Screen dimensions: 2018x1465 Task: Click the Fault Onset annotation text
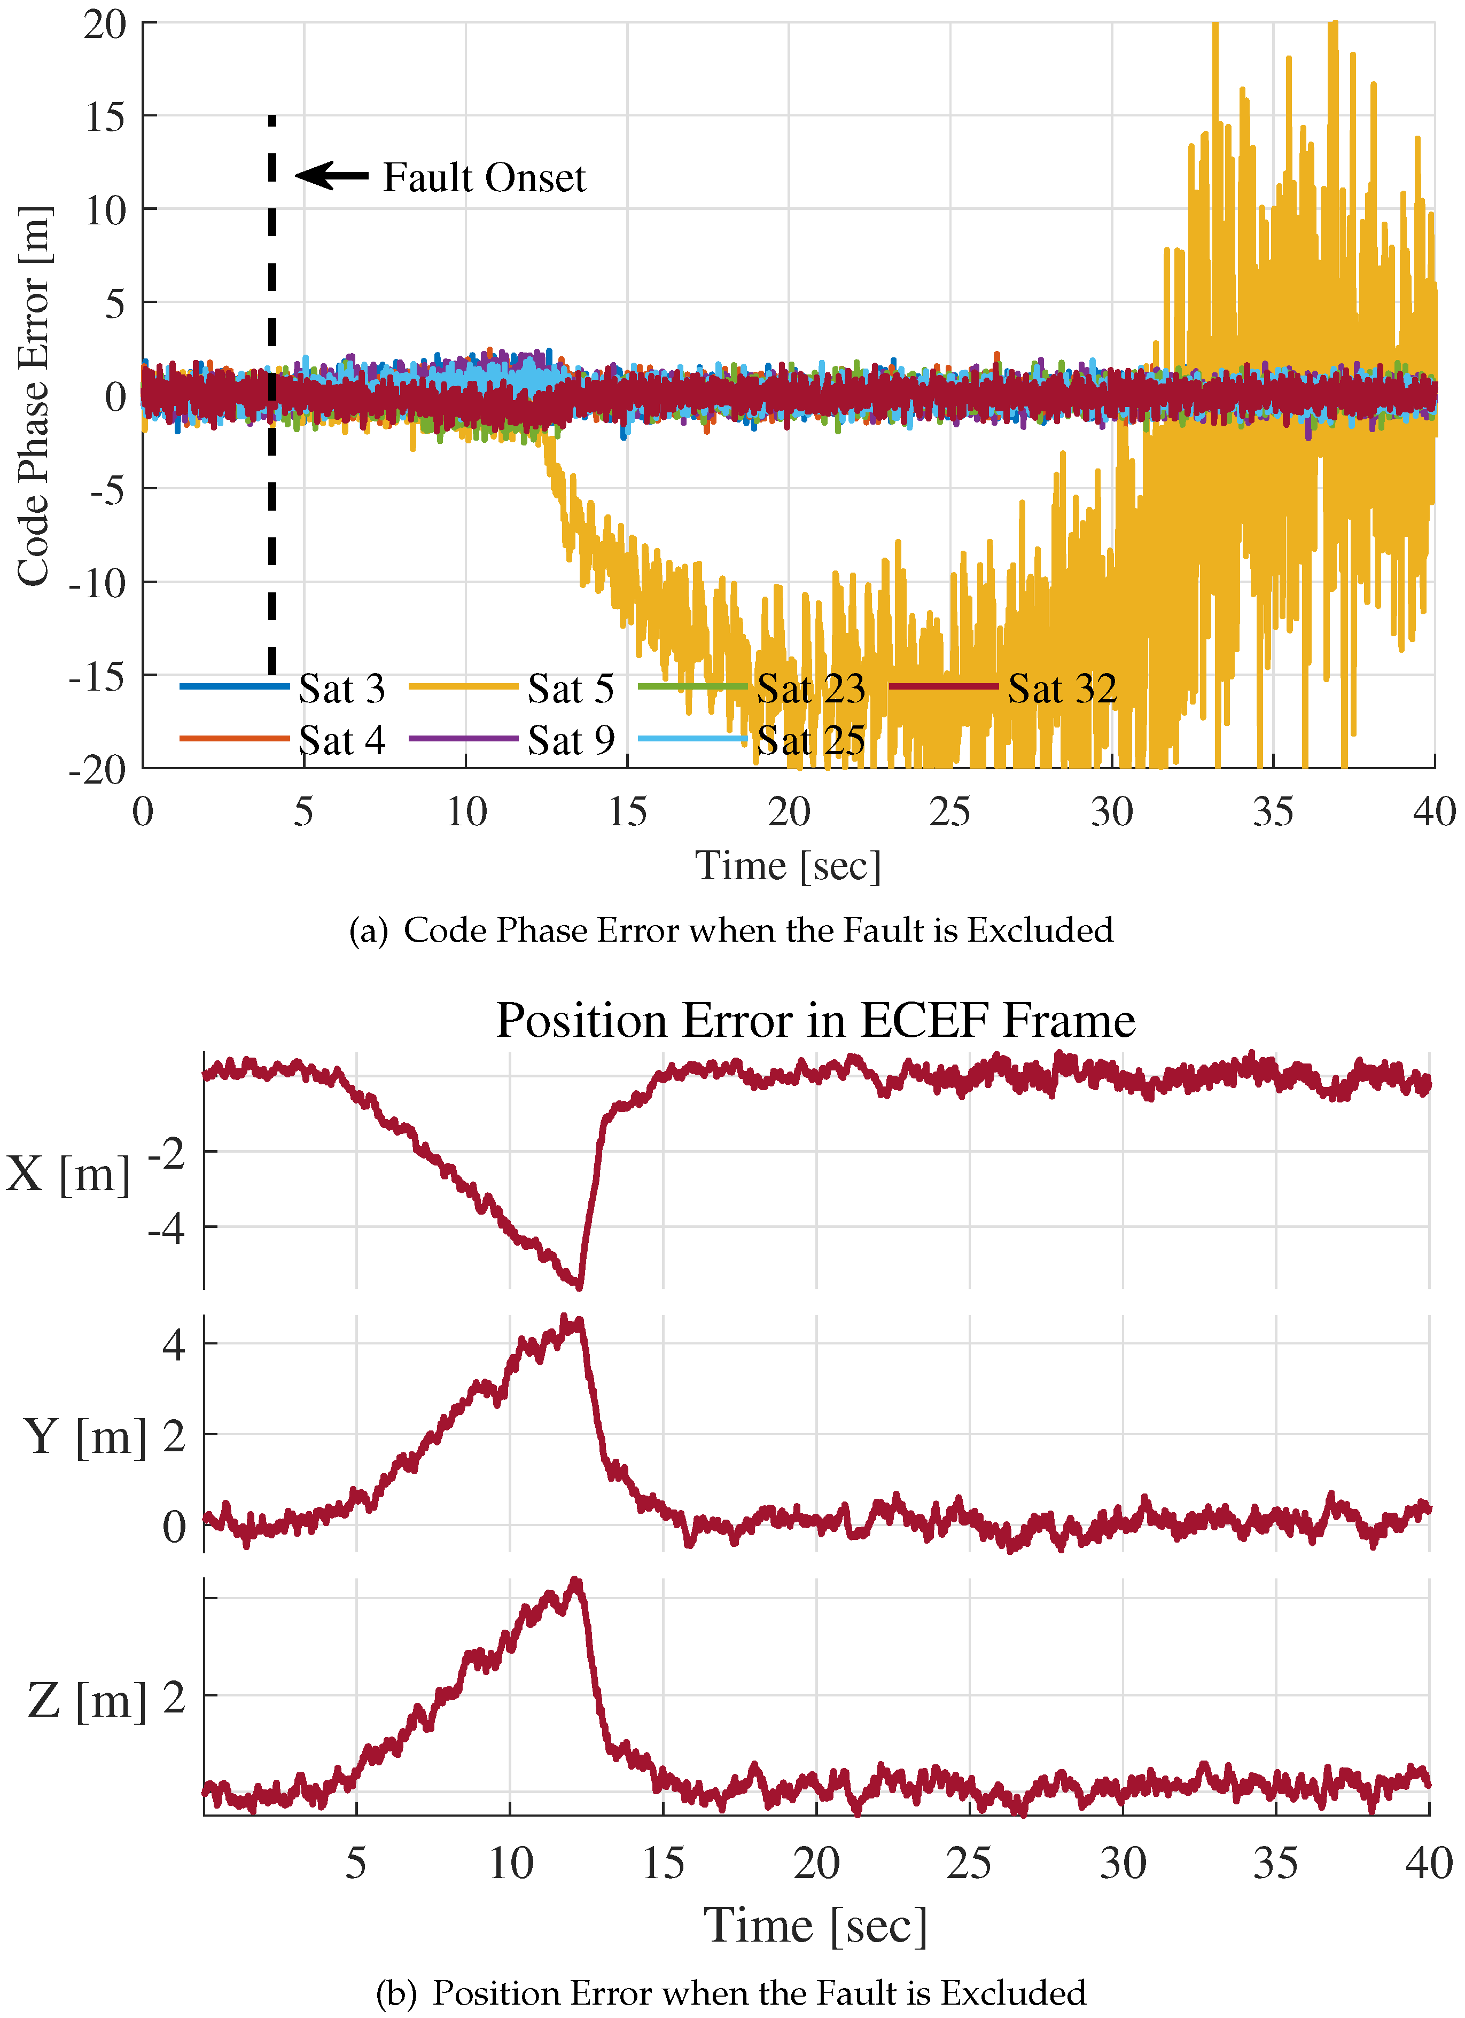[x=484, y=178]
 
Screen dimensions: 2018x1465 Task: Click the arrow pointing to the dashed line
[x=331, y=175]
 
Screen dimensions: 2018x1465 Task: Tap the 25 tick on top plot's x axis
[x=949, y=811]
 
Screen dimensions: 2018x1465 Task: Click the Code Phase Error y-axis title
[x=34, y=396]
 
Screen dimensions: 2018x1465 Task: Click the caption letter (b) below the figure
[x=396, y=1993]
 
